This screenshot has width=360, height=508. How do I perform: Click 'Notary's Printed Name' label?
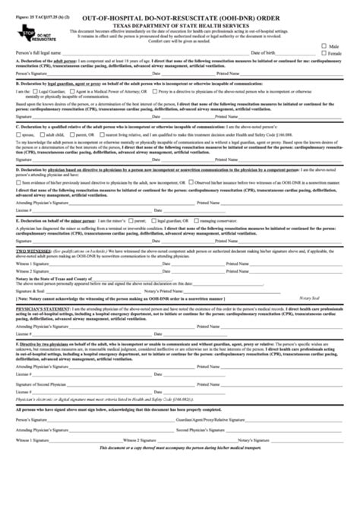pos(167,311)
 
